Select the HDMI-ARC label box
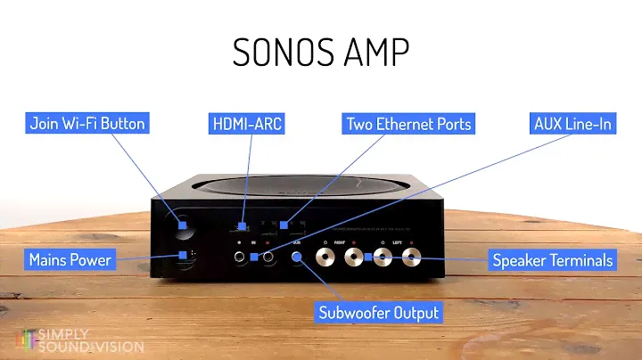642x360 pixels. [247, 124]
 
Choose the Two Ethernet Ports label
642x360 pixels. [407, 124]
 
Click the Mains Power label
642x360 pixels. [70, 260]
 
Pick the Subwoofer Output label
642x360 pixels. [379, 313]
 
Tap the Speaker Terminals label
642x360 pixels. [553, 260]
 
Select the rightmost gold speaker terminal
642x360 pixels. [411, 258]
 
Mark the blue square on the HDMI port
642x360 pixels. [244, 226]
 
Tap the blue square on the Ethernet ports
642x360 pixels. [284, 226]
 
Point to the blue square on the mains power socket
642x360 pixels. [183, 258]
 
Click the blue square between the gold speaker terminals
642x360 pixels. [368, 258]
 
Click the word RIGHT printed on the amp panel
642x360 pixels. [340, 241]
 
